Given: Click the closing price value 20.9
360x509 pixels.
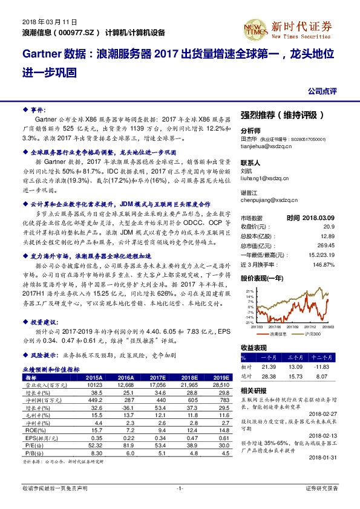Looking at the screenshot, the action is (x=328, y=225).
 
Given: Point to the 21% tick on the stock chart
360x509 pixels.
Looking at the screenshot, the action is (x=249, y=291).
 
